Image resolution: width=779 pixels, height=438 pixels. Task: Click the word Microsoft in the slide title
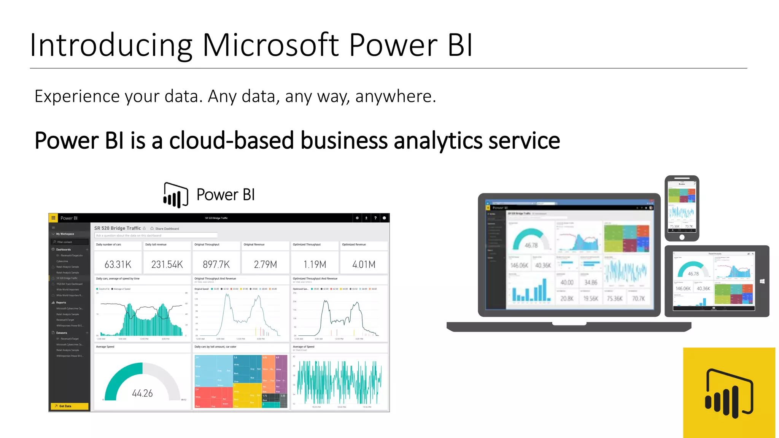point(270,45)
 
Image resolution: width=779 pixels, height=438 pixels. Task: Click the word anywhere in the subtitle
point(395,97)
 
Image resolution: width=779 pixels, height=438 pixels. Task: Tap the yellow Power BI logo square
point(729,392)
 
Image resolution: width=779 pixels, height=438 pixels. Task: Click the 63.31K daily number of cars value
point(118,264)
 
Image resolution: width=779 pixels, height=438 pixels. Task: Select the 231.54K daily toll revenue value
point(167,264)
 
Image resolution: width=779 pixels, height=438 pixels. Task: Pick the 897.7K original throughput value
point(216,264)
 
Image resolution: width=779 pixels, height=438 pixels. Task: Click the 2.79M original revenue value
point(265,264)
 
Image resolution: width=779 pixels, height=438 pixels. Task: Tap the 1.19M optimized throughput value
point(315,264)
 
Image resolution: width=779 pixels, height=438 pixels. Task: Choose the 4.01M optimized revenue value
point(364,264)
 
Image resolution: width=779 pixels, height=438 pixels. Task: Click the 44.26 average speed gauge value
point(142,393)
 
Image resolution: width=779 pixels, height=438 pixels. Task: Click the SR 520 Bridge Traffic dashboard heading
point(118,228)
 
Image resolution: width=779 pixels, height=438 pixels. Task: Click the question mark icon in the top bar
point(375,218)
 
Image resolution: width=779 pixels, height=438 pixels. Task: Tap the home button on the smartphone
point(682,237)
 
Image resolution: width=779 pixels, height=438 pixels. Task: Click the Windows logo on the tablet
point(762,281)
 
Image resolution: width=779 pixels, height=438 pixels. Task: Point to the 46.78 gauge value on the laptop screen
point(531,245)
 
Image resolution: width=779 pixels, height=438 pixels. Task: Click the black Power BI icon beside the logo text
point(175,195)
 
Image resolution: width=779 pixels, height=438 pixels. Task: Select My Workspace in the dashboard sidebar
point(65,234)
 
